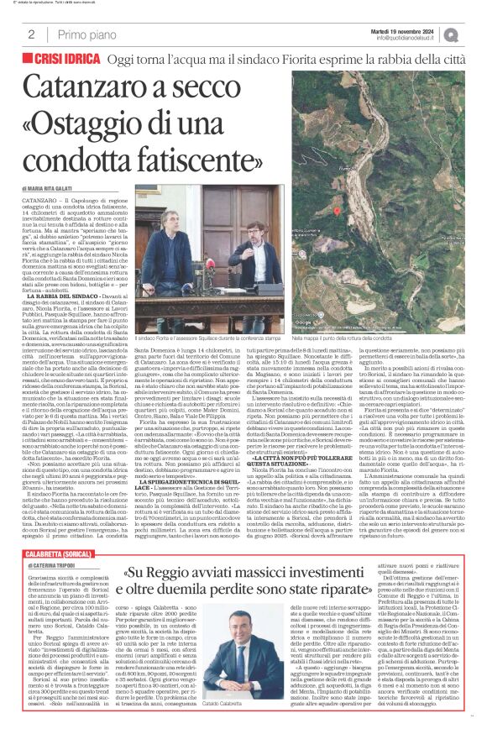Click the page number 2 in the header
[x=31, y=34]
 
